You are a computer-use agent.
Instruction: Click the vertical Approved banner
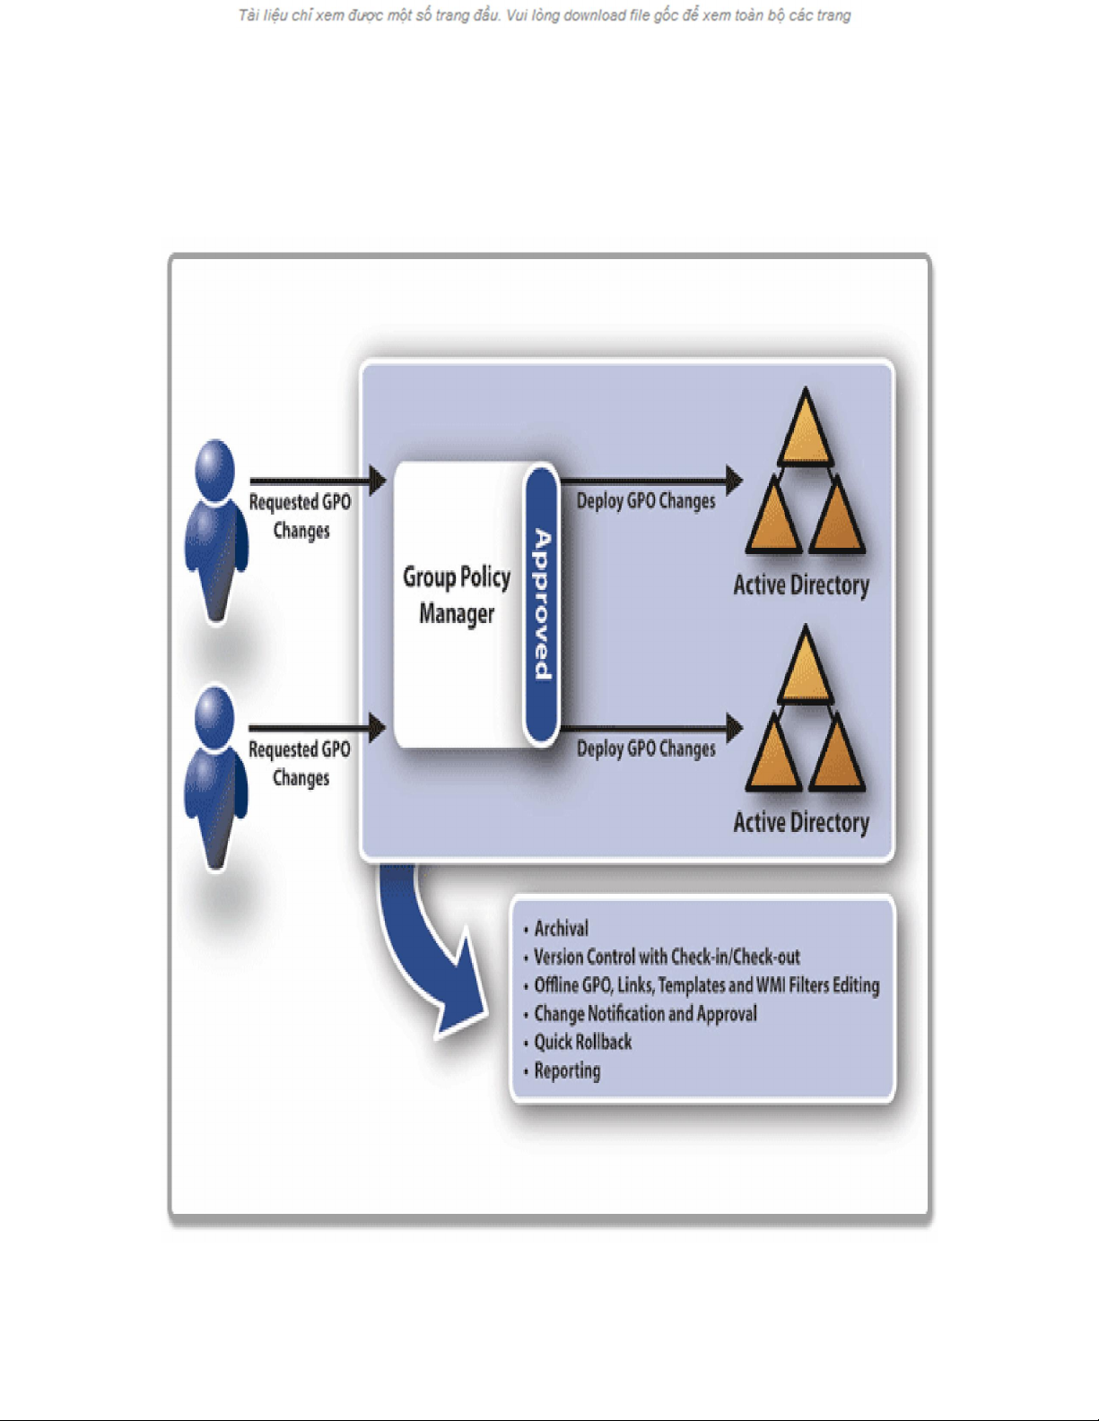pos(542,604)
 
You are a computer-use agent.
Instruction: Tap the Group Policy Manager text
pos(457,595)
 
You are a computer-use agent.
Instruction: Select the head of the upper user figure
pos(214,469)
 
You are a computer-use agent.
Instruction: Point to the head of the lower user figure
pos(214,716)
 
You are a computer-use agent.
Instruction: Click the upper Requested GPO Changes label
pos(300,516)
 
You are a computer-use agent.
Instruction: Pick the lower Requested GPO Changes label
pos(300,763)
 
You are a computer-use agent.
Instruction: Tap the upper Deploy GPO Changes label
pos(646,501)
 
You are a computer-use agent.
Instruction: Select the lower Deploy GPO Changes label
pos(646,749)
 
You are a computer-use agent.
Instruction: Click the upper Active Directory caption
pos(801,585)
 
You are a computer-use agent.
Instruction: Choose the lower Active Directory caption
pos(801,823)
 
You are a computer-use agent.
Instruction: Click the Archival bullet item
pos(561,928)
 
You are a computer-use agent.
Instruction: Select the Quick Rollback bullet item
pos(582,1042)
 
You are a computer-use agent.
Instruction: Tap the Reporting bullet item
pos(567,1070)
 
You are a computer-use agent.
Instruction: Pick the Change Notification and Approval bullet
pos(645,1013)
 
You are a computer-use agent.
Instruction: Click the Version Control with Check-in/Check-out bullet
pos(667,957)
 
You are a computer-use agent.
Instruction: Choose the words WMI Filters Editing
pos(817,985)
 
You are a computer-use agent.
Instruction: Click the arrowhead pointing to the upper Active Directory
pos(734,481)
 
